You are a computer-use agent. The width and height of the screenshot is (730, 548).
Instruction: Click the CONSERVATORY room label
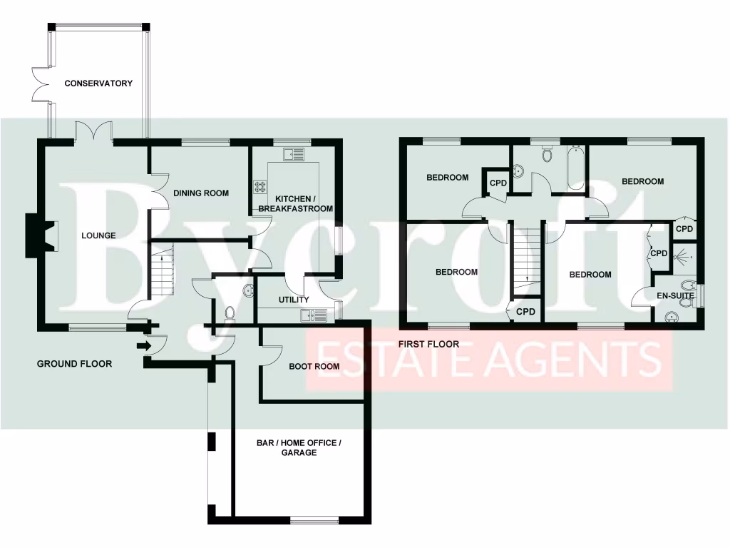98,83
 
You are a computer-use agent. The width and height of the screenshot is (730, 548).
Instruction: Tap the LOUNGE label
98,235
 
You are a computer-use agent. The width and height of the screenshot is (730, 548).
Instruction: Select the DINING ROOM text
201,193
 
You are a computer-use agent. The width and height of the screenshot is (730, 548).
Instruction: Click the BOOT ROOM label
314,367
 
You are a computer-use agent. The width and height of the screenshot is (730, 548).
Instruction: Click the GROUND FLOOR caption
74,364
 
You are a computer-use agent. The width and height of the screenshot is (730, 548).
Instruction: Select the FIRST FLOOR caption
429,344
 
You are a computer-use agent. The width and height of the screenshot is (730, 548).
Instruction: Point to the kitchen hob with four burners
259,188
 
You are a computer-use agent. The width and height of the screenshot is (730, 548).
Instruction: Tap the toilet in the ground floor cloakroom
230,313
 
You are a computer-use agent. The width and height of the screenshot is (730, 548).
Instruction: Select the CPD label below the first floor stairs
525,312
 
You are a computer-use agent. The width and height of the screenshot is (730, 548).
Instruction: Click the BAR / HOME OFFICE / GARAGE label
299,447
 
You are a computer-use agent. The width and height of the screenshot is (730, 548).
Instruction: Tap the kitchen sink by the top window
293,153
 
